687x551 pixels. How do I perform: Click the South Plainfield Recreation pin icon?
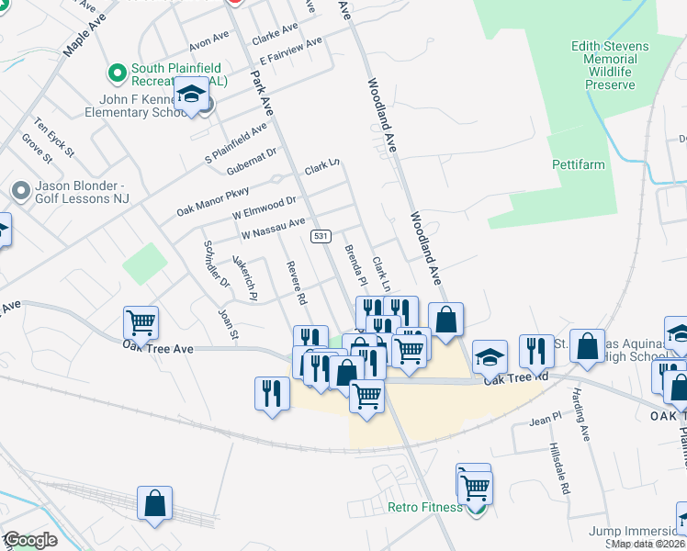(117, 71)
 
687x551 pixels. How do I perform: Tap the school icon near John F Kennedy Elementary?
(192, 96)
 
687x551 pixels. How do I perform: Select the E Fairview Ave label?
(291, 52)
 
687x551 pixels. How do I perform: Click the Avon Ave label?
(208, 41)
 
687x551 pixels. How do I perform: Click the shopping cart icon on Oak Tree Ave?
(141, 322)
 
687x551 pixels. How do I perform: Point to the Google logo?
(30, 540)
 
